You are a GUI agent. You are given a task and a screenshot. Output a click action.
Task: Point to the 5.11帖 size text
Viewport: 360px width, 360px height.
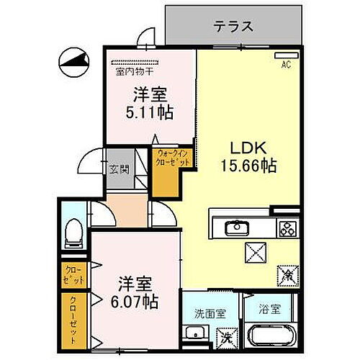(150, 112)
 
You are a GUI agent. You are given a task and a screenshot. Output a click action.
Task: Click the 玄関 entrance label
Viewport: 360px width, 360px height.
(120, 170)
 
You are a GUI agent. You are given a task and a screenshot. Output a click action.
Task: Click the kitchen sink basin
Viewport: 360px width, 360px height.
(237, 229)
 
